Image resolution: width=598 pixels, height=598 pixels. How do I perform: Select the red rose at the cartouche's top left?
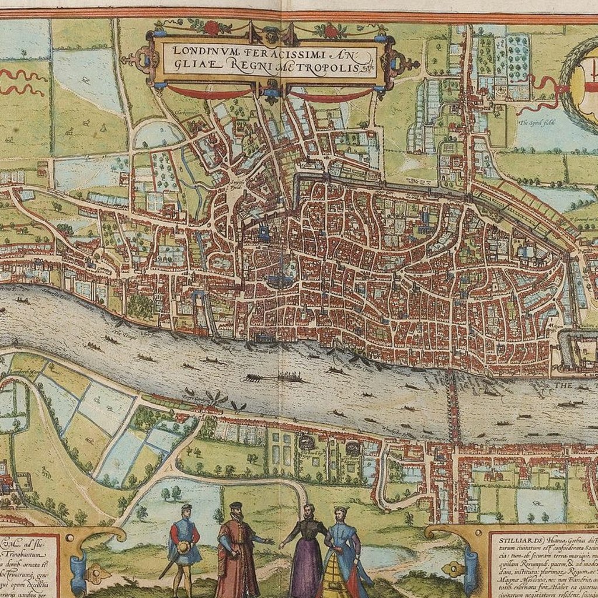coord(211,27)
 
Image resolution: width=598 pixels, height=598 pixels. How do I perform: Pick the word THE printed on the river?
coord(564,385)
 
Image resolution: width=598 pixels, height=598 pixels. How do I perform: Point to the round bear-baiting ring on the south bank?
coord(305,445)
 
